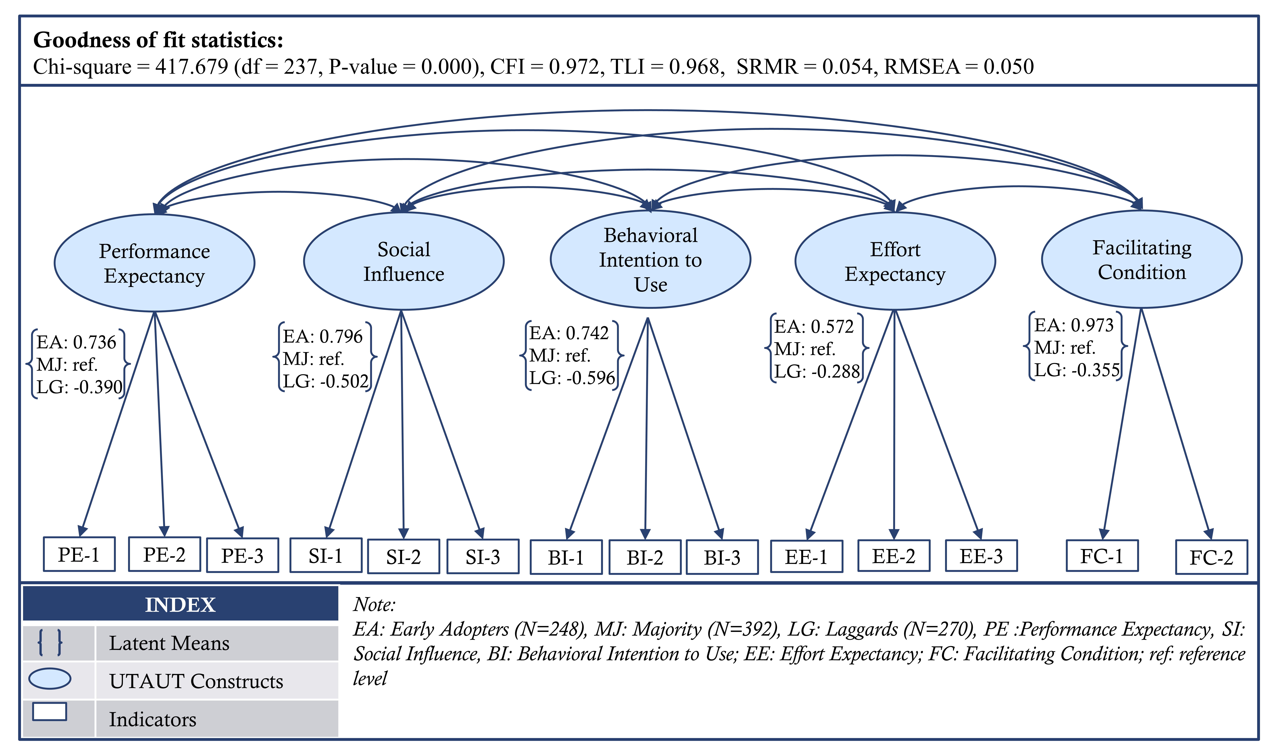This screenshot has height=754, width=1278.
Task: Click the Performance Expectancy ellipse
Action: pyautogui.click(x=154, y=263)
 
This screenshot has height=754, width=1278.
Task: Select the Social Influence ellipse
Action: pyautogui.click(x=404, y=261)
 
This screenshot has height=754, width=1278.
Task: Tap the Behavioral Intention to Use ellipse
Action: pyautogui.click(x=650, y=259)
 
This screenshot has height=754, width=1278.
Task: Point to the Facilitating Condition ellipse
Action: pyautogui.click(x=1142, y=259)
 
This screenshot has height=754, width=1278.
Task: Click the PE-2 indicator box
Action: pyautogui.click(x=165, y=554)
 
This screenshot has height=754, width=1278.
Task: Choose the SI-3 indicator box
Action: pyautogui.click(x=483, y=557)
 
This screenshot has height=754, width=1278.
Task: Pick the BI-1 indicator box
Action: pyautogui.click(x=566, y=557)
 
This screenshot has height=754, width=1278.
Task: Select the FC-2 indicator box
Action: pyautogui.click(x=1212, y=557)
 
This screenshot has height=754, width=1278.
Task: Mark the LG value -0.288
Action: pyautogui.click(x=836, y=371)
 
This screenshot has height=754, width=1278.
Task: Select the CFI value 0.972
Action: pyautogui.click(x=574, y=67)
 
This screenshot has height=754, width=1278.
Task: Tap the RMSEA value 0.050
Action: pyautogui.click(x=1008, y=67)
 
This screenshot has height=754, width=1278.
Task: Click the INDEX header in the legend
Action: pyautogui.click(x=180, y=605)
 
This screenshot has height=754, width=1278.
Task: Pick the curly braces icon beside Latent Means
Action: pyautogui.click(x=50, y=642)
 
